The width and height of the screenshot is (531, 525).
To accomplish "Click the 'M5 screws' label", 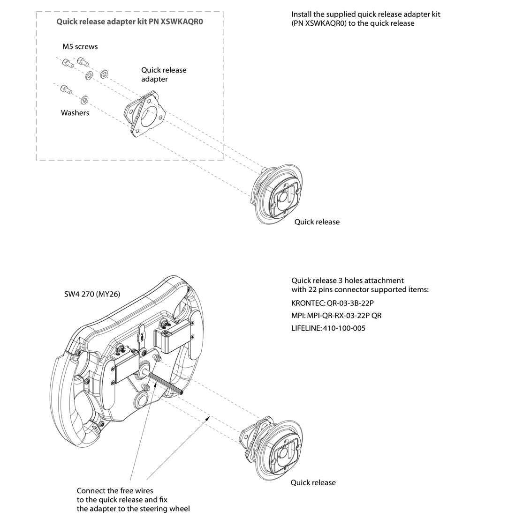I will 80,46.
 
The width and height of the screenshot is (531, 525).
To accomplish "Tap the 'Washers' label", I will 75,113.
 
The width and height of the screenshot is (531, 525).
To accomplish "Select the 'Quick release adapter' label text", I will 164,74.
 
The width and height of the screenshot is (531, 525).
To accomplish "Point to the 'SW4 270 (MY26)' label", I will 92,294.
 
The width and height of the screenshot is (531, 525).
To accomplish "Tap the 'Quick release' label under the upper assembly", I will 317,222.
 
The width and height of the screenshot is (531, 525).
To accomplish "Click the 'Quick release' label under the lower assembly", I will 313,482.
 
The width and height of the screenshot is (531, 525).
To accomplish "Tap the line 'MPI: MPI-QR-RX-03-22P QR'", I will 336,316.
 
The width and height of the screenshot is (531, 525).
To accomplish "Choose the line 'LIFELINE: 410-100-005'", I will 328,328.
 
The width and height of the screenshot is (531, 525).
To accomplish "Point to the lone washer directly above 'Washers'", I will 84,99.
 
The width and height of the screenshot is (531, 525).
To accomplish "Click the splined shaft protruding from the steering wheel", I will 167,382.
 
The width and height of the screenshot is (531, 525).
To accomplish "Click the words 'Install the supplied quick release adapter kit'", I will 365,14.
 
